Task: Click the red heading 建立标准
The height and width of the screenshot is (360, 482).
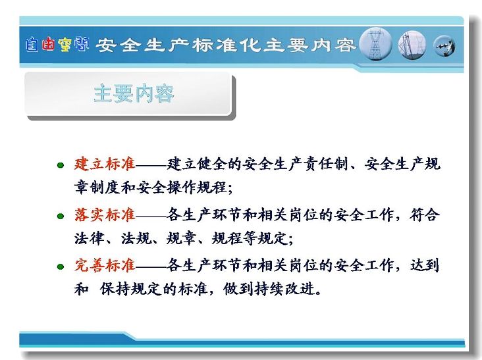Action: click(105, 164)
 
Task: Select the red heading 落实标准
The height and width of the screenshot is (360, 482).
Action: click(105, 215)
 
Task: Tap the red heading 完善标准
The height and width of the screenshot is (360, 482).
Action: click(105, 265)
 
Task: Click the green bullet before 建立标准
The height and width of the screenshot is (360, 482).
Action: click(61, 165)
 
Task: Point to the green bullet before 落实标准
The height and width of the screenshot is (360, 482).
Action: click(61, 216)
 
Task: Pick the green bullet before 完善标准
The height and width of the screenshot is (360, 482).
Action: click(61, 267)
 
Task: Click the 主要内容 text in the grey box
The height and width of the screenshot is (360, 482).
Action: click(134, 93)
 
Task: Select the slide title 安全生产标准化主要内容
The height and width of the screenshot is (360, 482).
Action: click(226, 45)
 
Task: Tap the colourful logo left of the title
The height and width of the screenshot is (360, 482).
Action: click(57, 45)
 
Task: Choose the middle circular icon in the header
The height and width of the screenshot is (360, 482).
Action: click(412, 45)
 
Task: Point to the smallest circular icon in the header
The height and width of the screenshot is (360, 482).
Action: click(444, 46)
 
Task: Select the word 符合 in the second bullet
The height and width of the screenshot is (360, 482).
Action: click(424, 215)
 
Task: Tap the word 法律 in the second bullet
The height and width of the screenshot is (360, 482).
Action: click(90, 238)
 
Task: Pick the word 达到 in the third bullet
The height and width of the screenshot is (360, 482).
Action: click(424, 265)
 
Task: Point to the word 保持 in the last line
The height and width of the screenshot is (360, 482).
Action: click(115, 289)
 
